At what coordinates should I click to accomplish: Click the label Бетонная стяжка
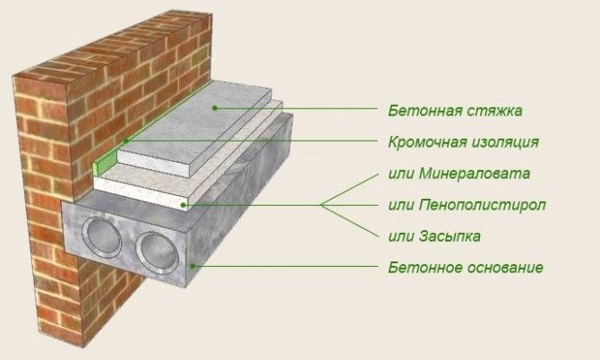455,111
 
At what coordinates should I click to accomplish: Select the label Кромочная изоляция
464,141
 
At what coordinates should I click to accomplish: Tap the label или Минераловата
460,173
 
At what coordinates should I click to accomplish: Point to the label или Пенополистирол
467,205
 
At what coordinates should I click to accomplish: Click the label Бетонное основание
466,267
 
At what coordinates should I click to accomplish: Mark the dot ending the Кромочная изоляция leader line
128,141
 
